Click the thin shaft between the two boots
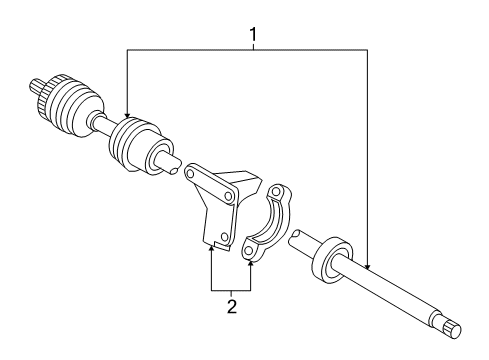(x=104, y=126)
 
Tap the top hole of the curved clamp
(x=277, y=190)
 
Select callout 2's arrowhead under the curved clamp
(x=250, y=257)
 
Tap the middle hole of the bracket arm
(x=229, y=200)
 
